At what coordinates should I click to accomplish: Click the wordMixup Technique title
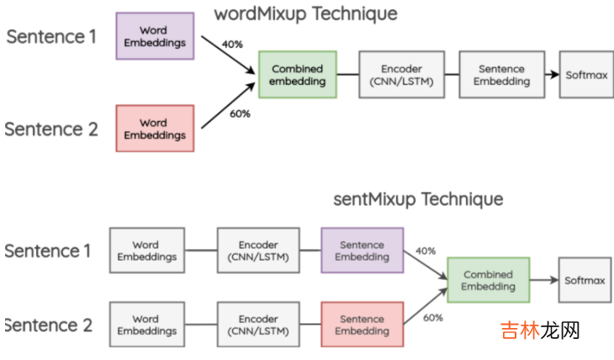point(305,13)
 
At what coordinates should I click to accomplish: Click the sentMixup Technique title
point(417,199)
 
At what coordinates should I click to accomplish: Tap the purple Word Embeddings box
point(154,36)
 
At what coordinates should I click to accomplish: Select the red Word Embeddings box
point(154,129)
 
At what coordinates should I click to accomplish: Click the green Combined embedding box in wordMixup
point(297,75)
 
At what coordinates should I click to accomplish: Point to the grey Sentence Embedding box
point(500,75)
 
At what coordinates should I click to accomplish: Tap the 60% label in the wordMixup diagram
point(240,114)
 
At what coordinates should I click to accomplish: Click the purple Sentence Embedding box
point(362,251)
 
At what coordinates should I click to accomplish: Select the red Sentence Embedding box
point(362,325)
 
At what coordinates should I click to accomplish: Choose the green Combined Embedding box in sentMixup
point(488,280)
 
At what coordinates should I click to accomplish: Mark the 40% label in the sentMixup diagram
point(426,251)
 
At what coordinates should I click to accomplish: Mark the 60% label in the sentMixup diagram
point(433,317)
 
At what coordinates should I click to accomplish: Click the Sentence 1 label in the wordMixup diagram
point(51,37)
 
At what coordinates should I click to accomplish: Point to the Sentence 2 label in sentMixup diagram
point(50,326)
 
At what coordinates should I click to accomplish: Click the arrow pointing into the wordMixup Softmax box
point(550,75)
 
